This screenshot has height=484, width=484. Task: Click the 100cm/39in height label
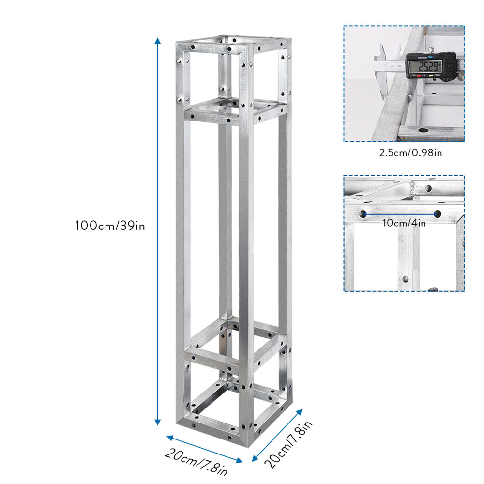point(110,226)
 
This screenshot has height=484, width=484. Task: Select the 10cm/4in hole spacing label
point(404,223)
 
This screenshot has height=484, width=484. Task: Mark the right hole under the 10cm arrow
point(437,213)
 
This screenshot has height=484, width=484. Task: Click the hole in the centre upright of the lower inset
point(404,279)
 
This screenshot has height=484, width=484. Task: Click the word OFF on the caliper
point(412,76)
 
